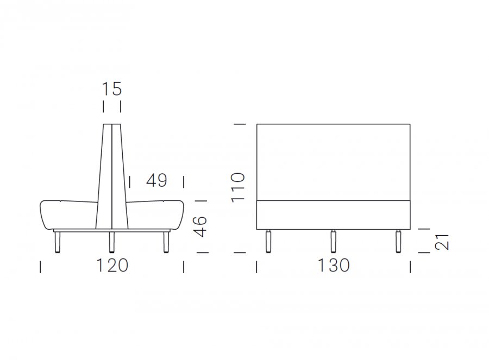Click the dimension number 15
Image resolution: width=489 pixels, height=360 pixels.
(x=111, y=89)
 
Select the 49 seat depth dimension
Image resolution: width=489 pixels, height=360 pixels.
(x=156, y=180)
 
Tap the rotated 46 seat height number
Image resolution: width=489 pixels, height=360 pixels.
(x=200, y=226)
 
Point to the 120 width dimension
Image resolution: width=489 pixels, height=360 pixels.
(x=112, y=266)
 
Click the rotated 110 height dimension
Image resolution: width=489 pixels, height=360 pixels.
(x=238, y=187)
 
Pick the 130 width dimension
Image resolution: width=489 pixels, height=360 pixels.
(x=334, y=266)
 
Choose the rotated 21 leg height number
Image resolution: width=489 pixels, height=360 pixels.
(x=442, y=242)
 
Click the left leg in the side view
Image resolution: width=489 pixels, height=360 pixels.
(x=57, y=242)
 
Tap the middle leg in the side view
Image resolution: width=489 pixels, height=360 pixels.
(x=111, y=242)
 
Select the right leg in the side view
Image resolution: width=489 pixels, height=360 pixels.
(x=166, y=242)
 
